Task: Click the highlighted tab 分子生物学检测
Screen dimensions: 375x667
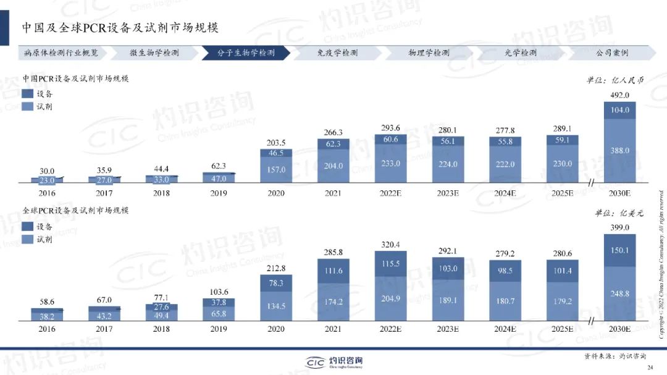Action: pos(245,53)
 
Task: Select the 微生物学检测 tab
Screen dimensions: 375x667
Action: pos(154,53)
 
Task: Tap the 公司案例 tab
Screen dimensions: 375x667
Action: pos(611,53)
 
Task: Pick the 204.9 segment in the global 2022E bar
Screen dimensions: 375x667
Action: pos(390,299)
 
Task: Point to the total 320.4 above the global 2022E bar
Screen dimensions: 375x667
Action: pos(390,245)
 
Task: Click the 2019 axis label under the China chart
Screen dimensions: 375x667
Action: pos(219,193)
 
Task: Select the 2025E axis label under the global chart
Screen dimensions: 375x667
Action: pos(562,329)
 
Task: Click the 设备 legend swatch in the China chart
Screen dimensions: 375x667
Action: pos(28,94)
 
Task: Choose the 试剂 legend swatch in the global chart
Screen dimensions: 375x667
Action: pos(28,239)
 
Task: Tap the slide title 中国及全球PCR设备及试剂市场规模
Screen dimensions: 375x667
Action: pos(120,28)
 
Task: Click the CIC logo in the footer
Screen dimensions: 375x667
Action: pos(319,361)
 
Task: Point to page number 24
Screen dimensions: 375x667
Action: pos(650,368)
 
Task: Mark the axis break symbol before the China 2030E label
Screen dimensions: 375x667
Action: pos(591,182)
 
